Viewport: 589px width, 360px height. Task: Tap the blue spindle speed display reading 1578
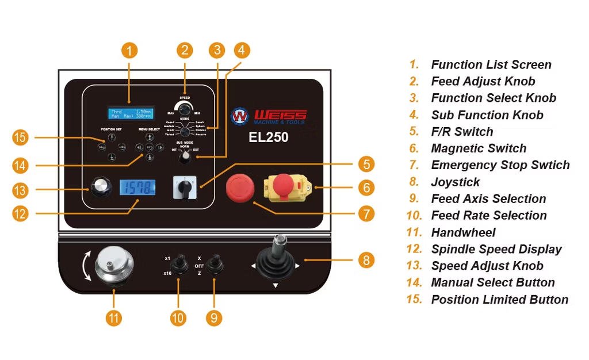137,187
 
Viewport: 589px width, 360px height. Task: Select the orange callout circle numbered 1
129,51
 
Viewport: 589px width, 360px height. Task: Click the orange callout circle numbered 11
113,317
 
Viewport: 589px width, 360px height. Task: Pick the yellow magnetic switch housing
286,186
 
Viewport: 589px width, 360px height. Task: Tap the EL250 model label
269,137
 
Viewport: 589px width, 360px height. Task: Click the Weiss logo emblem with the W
239,116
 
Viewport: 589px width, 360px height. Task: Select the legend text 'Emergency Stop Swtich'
500,165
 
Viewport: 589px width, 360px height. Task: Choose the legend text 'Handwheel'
463,232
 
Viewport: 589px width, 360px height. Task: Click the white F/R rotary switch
185,187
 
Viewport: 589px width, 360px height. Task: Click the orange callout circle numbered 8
366,260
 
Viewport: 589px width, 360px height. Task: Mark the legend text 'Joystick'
455,182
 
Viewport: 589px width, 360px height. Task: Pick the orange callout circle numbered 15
21,138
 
